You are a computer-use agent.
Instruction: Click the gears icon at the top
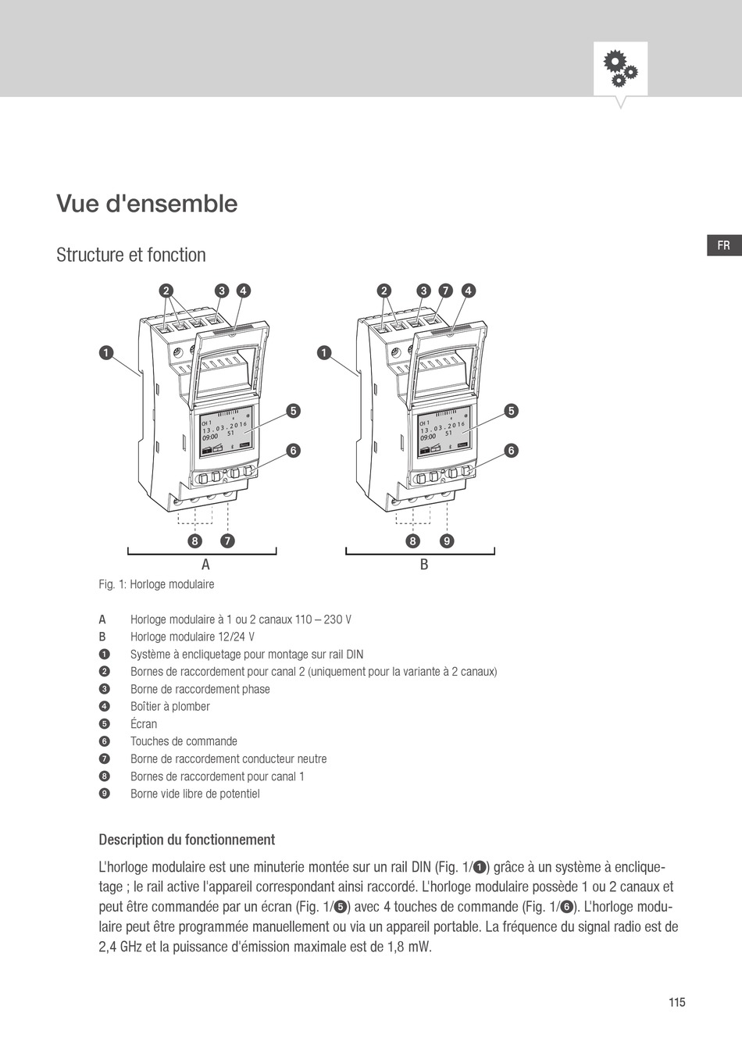coord(620,69)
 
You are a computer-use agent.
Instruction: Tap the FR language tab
coord(723,245)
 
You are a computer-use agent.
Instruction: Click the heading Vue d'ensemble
coord(147,204)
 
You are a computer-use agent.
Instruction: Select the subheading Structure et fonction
coord(131,255)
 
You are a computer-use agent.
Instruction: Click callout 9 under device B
coord(446,541)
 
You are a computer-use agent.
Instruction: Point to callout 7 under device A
coord(227,541)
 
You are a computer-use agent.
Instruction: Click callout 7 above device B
coord(445,291)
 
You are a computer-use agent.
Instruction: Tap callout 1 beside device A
coord(105,353)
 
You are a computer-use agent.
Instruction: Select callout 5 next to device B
coord(512,411)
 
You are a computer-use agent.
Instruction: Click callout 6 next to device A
coord(293,451)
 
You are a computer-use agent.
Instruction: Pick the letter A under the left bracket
coord(205,565)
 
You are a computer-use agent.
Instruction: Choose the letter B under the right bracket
coord(424,565)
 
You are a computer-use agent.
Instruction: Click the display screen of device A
coord(224,431)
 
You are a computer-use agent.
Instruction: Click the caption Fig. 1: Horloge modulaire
coord(156,584)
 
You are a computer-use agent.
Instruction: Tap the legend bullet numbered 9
coord(104,794)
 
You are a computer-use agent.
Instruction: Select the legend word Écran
coord(144,724)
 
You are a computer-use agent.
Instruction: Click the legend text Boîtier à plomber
coord(170,707)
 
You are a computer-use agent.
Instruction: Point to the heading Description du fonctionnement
coord(187,840)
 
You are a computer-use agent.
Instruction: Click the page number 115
coord(676,1002)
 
